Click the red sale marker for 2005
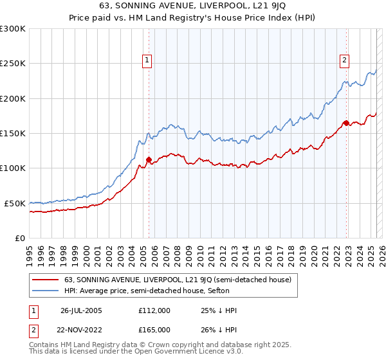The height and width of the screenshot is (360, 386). [x=149, y=160]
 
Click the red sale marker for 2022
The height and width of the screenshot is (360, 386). [x=346, y=123]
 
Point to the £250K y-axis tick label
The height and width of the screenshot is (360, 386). [x=13, y=64]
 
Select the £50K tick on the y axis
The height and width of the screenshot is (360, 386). [x=15, y=203]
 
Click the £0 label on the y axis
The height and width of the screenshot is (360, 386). [x=20, y=238]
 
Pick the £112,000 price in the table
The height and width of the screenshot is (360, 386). [x=155, y=310]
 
